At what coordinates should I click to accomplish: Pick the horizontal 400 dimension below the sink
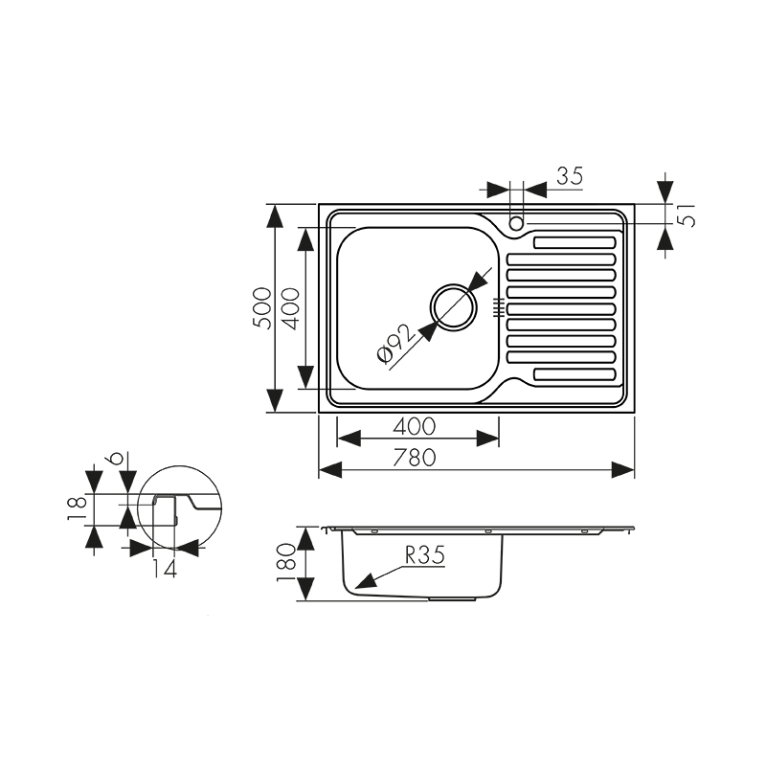click(x=414, y=425)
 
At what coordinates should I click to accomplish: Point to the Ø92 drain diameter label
click(x=394, y=343)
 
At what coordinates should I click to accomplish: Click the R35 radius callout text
click(x=425, y=554)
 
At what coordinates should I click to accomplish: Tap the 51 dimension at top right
click(x=686, y=215)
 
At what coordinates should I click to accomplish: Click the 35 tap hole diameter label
click(x=569, y=175)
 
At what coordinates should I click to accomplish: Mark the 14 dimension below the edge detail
click(x=164, y=568)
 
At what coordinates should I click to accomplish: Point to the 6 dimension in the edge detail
click(x=116, y=461)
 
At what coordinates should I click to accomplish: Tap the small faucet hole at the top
click(x=516, y=223)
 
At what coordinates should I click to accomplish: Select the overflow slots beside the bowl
click(x=498, y=306)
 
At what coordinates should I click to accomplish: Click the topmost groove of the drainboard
click(x=574, y=241)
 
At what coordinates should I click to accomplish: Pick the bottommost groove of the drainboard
click(x=574, y=372)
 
